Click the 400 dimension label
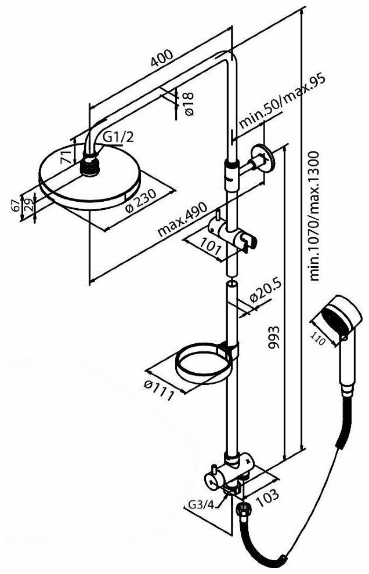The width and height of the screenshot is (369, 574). (x=162, y=59)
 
